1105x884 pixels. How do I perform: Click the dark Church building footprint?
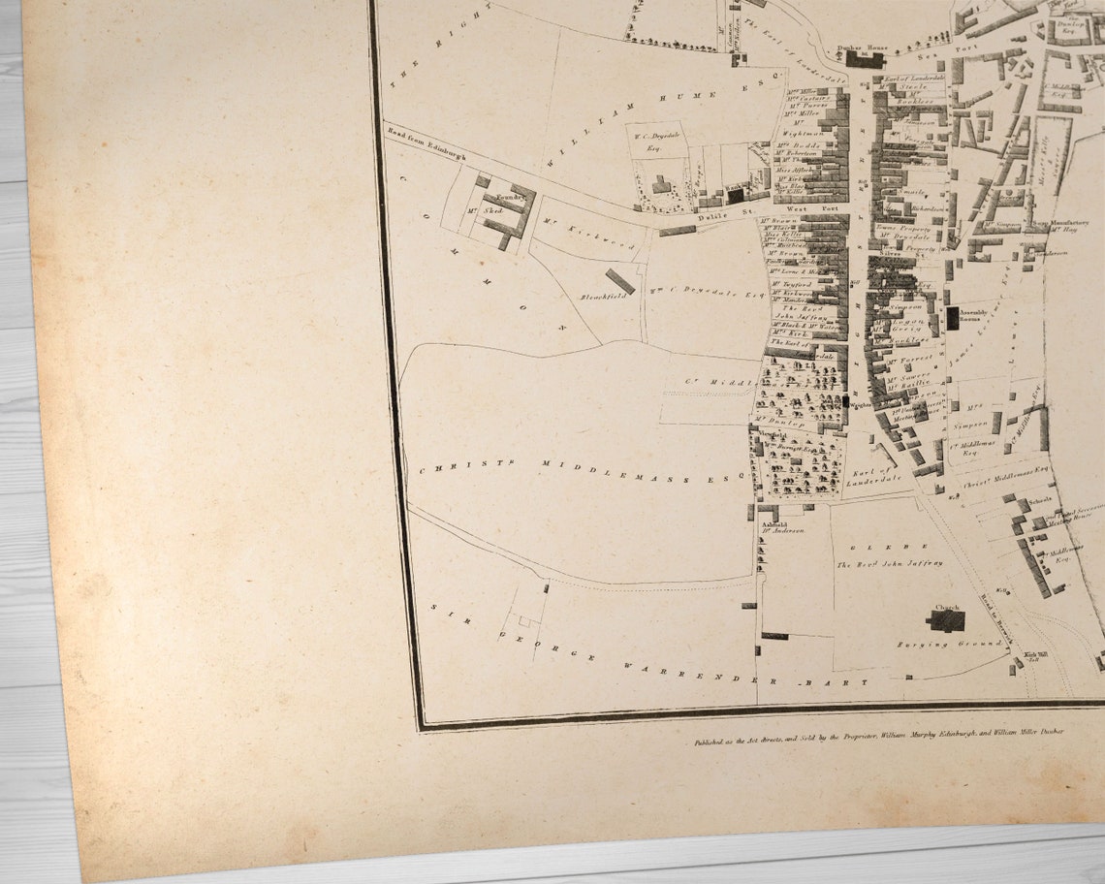[x=945, y=620]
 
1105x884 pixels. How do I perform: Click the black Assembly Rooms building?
[x=953, y=317]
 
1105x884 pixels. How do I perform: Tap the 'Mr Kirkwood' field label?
[x=588, y=235]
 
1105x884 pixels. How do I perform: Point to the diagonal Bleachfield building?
[x=620, y=281]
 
